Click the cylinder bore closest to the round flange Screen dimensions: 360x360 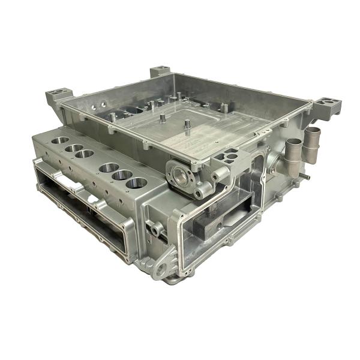(x=137, y=182)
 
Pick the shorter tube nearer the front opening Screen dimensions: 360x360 (x=293, y=157)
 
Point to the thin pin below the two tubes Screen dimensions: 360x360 (x=306, y=178)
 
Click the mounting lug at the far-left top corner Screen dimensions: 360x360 (x=59, y=94)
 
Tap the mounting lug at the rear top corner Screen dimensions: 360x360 (x=160, y=71)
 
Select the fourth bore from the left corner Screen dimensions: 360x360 (x=109, y=167)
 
